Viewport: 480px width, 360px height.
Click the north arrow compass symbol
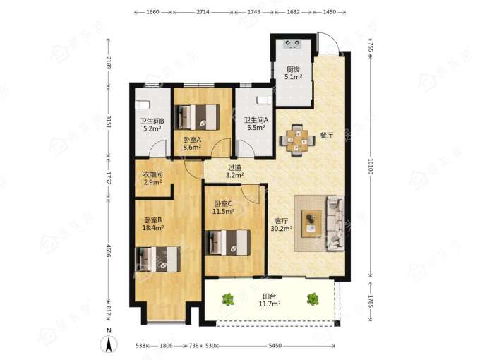(x=109, y=344)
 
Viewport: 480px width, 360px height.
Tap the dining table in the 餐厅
(x=296, y=140)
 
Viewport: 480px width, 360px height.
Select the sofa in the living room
(x=335, y=224)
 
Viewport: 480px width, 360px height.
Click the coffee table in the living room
(x=311, y=224)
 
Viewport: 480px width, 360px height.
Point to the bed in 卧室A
(x=196, y=117)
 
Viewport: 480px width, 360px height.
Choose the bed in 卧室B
(x=157, y=259)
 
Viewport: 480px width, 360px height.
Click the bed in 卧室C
(x=227, y=242)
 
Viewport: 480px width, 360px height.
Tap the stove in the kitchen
(x=293, y=44)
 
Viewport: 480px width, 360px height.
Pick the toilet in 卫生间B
(x=143, y=104)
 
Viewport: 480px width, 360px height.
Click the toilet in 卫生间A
(x=264, y=100)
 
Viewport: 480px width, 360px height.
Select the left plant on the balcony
(x=228, y=299)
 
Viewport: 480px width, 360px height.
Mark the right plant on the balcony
(x=313, y=299)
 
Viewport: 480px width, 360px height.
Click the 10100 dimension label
(x=371, y=166)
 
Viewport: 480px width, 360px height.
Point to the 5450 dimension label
(x=275, y=346)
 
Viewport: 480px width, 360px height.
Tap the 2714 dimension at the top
(x=203, y=12)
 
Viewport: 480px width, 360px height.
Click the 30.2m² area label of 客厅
(x=282, y=228)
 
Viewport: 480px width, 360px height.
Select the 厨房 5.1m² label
(x=293, y=73)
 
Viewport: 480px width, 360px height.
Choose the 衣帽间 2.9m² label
(x=152, y=179)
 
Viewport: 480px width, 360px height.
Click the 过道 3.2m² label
(x=235, y=172)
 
